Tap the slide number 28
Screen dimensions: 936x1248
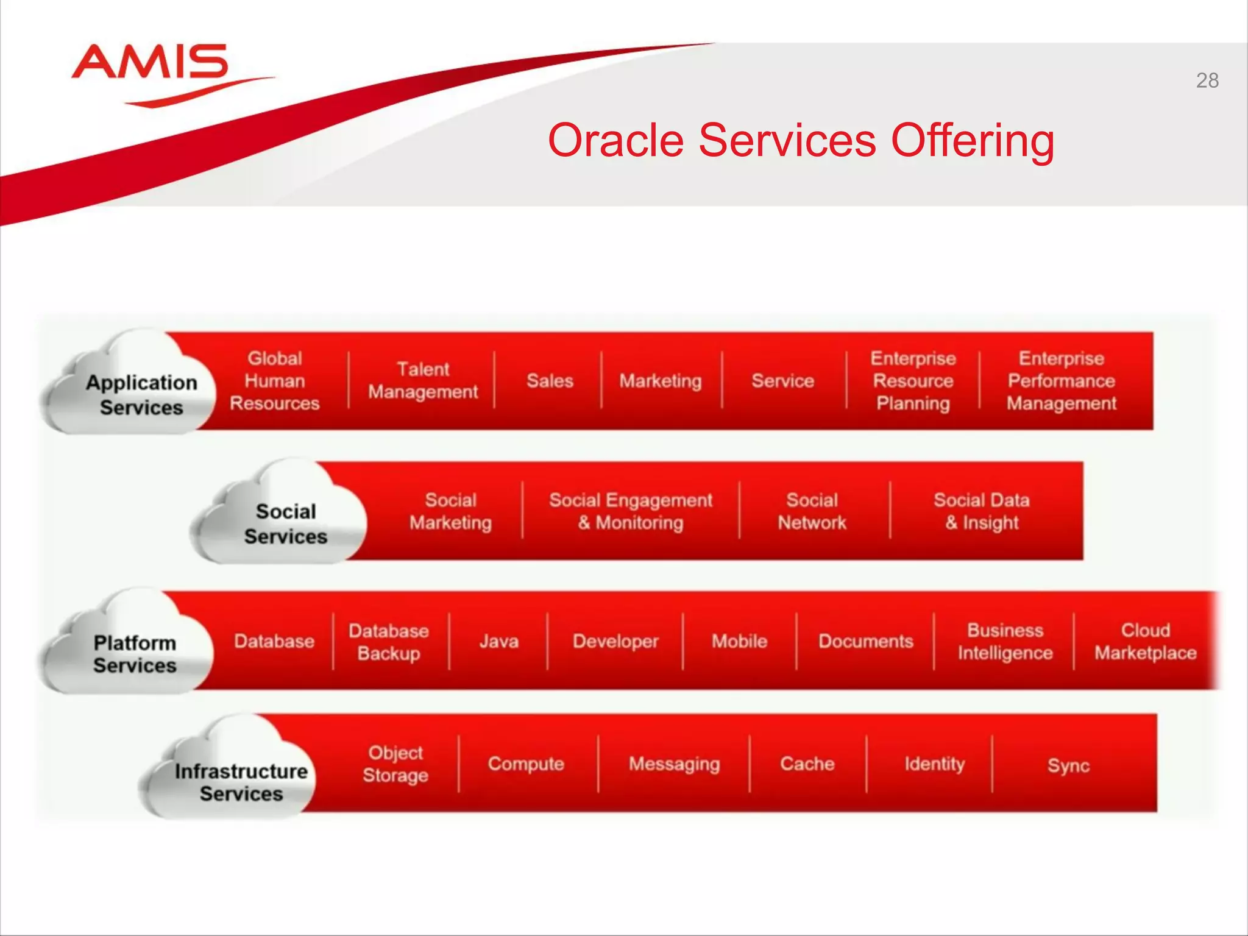tap(1207, 80)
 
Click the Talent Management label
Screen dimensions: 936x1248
tap(423, 380)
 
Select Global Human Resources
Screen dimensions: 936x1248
tap(274, 381)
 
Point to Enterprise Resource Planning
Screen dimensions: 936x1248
tap(912, 381)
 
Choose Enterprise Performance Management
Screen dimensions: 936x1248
tap(1061, 381)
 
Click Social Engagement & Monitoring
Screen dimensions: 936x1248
tap(630, 511)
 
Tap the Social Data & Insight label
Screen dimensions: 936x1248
tap(981, 511)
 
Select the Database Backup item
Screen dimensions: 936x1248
tap(389, 642)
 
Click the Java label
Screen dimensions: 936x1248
tap(498, 641)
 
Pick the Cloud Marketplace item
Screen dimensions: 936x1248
tap(1145, 641)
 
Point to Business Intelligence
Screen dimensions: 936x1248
tap(1005, 641)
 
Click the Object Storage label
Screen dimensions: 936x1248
tap(395, 764)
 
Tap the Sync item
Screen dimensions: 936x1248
tap(1068, 765)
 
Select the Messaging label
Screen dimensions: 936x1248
tap(674, 764)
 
